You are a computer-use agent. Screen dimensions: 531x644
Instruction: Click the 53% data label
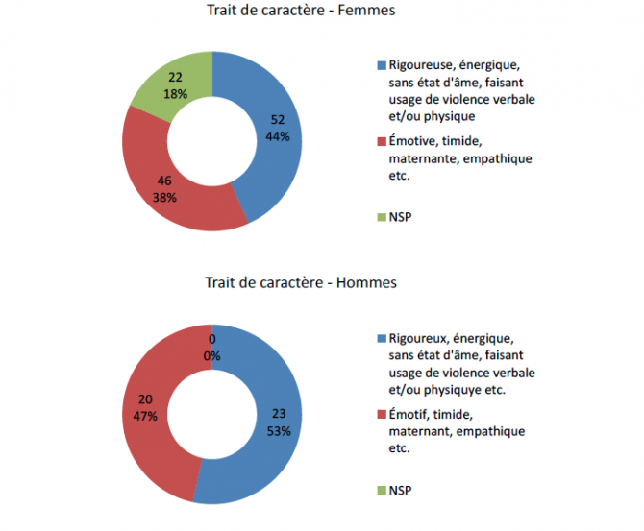click(x=279, y=430)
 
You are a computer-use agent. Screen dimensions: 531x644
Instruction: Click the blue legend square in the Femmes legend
click(x=380, y=65)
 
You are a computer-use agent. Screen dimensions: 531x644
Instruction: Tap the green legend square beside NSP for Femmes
click(x=380, y=217)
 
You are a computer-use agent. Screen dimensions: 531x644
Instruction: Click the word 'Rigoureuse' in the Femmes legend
click(x=418, y=65)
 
